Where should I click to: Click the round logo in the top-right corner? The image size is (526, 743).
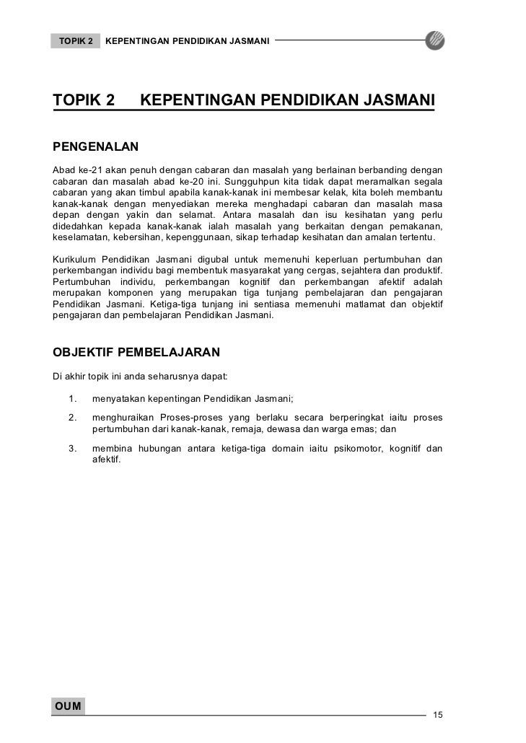coord(435,40)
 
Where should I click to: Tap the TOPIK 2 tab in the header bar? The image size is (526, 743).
coord(76,40)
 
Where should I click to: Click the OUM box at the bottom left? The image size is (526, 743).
coord(67,705)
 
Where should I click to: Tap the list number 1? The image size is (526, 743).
coord(73,398)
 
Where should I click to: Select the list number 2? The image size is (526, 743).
coord(73,418)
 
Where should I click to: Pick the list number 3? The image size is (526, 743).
coord(73,449)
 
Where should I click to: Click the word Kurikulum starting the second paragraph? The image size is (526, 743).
coord(74,259)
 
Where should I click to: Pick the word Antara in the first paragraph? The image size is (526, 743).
coord(243,215)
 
